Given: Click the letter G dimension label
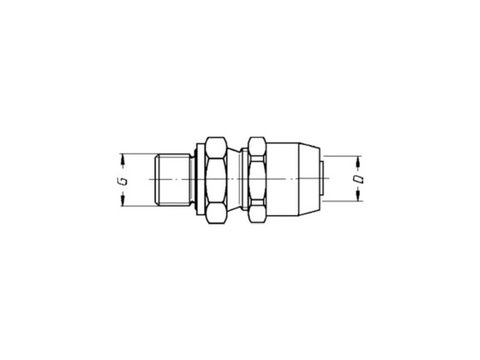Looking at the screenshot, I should point(123,179).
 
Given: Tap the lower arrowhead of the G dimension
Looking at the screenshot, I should point(123,201).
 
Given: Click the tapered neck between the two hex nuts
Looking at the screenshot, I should point(237,179).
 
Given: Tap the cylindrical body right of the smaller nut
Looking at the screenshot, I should point(287,179).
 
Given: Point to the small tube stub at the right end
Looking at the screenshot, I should point(322,179).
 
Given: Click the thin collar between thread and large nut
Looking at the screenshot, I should point(198,179).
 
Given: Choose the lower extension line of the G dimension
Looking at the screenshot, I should point(141,205).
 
